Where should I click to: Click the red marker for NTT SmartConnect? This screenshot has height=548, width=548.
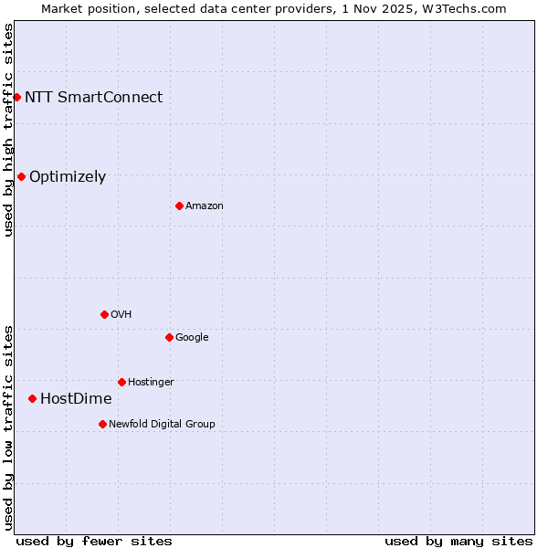[16, 97]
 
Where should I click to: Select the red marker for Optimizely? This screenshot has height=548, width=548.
[21, 176]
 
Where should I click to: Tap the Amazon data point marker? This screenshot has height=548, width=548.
[179, 205]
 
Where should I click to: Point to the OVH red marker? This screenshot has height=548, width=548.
[104, 314]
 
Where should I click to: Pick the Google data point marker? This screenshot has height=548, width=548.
[169, 337]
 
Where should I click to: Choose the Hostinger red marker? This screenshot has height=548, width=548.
[121, 382]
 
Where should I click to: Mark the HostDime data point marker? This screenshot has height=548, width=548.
[32, 398]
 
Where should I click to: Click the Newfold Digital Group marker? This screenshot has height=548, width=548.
[102, 424]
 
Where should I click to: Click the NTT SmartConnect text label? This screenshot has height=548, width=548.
[93, 97]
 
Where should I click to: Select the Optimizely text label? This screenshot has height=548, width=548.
[68, 177]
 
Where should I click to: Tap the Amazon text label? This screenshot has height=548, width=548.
[205, 206]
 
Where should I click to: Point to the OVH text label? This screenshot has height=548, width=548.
[121, 315]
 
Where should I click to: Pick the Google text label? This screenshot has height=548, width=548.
[192, 338]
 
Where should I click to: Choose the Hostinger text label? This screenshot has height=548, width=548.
[151, 383]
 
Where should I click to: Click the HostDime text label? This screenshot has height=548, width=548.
[76, 399]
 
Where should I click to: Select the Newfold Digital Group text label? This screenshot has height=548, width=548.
[162, 425]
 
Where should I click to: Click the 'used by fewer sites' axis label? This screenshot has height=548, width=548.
[94, 541]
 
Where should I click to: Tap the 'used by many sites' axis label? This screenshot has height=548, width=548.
[458, 541]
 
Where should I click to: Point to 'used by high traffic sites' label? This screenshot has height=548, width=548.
[8, 130]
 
